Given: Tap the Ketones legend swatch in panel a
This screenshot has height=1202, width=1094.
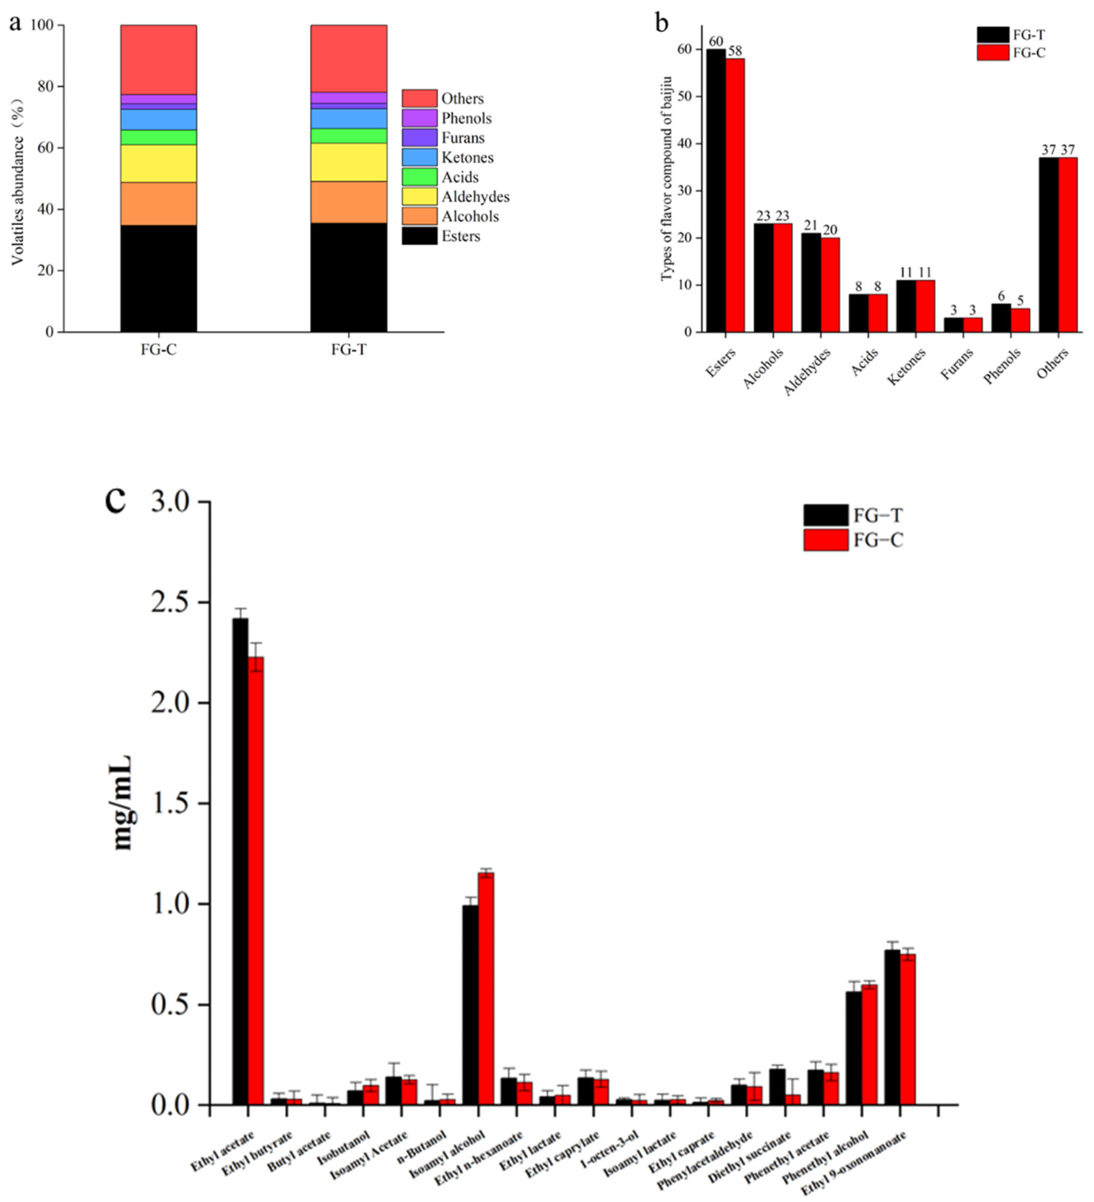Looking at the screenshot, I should [419, 157].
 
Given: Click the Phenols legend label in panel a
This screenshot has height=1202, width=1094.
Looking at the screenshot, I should [466, 118].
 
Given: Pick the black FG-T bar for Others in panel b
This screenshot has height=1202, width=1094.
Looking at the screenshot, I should [1049, 245].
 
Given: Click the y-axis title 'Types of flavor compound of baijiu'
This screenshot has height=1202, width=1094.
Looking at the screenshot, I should [667, 179].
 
